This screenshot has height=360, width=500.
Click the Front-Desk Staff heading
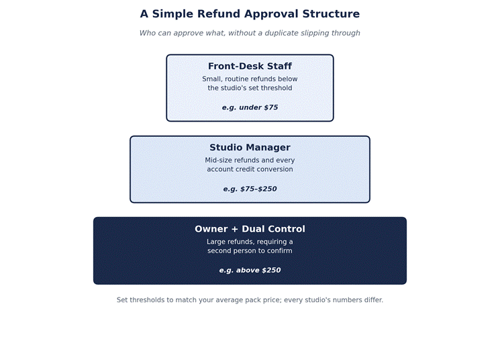(250, 66)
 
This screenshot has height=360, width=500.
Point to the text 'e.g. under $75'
(250, 107)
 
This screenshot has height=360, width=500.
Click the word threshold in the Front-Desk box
(277, 88)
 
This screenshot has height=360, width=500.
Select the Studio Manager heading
(250, 148)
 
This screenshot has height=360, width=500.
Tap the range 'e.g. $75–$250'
(250, 189)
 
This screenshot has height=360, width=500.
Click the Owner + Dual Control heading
(250, 229)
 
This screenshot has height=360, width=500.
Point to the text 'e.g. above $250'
(250, 270)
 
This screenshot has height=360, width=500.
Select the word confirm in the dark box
(279, 251)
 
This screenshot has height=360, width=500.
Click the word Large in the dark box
(215, 242)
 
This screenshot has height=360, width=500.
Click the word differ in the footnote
(374, 300)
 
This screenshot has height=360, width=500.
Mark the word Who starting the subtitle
(146, 33)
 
